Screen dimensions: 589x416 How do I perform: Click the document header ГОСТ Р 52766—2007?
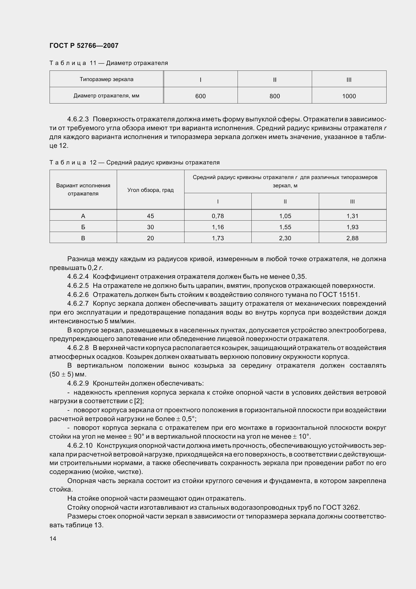84,46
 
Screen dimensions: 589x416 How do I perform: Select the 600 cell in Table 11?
200,96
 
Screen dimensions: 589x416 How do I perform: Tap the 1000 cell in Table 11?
349,96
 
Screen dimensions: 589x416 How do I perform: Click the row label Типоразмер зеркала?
106,79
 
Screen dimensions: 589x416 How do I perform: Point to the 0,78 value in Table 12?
218,216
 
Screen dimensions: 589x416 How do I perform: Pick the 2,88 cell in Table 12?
352,238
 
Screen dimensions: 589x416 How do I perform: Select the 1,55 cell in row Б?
285,227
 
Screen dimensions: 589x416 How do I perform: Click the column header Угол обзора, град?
150,190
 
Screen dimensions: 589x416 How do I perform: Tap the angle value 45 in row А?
150,216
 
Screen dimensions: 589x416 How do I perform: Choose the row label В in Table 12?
83,238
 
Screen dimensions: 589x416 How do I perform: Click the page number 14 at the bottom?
53,538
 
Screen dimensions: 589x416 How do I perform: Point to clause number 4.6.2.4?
78,276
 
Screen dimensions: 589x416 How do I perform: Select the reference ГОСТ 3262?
341,507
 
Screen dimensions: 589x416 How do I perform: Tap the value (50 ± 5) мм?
68,374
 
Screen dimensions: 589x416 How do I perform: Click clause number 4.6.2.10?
80,445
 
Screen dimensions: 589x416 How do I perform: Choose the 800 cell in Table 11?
275,96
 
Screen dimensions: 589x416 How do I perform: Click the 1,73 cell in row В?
218,238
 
